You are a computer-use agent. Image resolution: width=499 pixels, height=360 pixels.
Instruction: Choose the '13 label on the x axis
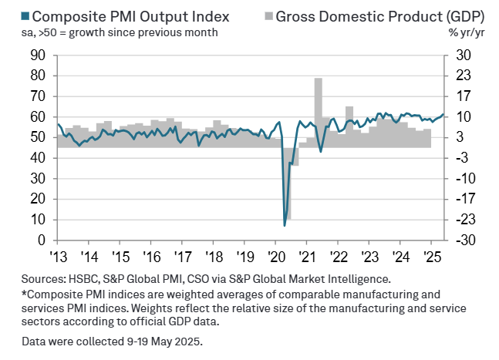[57, 256]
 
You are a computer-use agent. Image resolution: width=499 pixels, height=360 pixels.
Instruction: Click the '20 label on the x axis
[276, 256]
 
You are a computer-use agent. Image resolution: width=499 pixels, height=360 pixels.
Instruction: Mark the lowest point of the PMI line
[285, 225]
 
